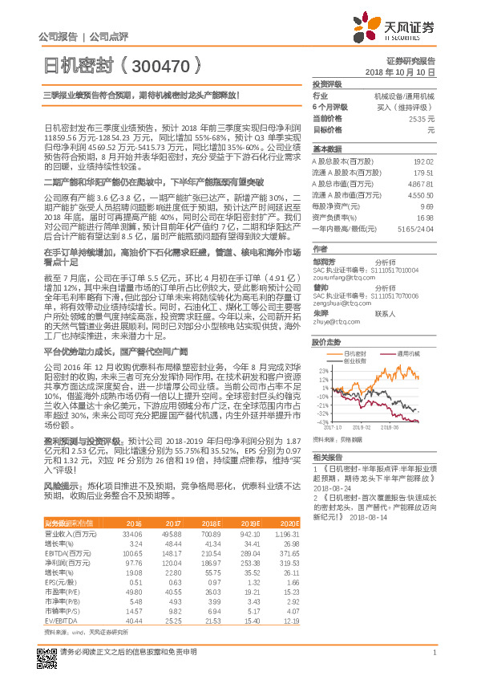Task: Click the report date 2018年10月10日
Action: click(x=398, y=72)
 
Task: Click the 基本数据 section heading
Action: click(x=326, y=149)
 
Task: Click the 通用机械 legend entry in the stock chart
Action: click(x=407, y=352)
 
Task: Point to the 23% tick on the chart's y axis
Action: click(x=321, y=370)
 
